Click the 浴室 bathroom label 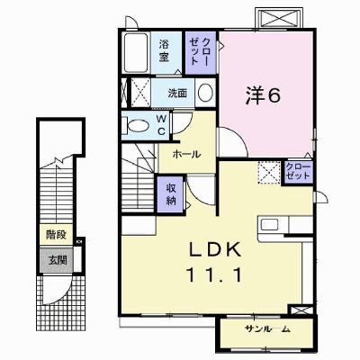coord(164,51)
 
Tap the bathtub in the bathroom coord(136,53)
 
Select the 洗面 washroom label coord(177,94)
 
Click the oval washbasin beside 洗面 coord(205,93)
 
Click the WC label coord(161,125)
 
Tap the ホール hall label coord(186,155)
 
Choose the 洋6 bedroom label coord(263,95)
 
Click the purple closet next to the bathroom coord(201,52)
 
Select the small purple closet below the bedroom coord(298,172)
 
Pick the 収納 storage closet coord(171,194)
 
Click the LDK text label coord(215,250)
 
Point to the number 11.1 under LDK coord(213,274)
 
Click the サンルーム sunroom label coord(267,329)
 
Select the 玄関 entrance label coord(58,260)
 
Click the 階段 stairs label coord(56,235)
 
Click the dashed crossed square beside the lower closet coord(269,173)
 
